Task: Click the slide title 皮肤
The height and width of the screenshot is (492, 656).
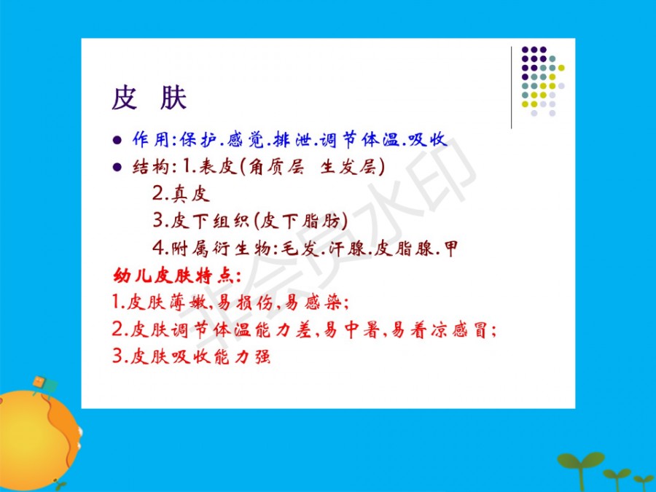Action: tap(149, 98)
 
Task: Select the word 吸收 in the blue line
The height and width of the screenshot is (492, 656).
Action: tap(427, 140)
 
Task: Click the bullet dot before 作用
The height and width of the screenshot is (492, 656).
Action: tap(117, 140)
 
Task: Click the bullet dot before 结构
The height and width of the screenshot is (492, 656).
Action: tap(117, 168)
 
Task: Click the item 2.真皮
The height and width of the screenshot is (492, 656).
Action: tap(181, 194)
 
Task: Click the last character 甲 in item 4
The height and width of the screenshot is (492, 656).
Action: tap(451, 249)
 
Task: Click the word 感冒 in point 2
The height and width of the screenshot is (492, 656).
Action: tap(469, 329)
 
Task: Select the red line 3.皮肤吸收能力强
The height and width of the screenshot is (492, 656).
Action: tap(191, 356)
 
